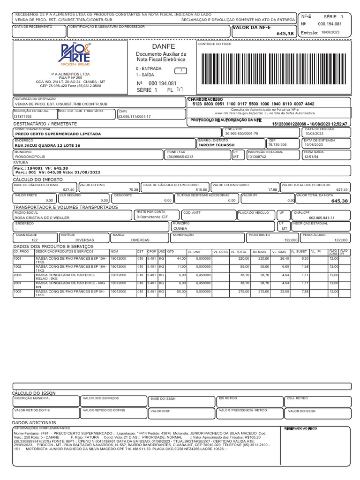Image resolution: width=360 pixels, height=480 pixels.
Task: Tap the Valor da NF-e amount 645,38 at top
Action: tap(285, 34)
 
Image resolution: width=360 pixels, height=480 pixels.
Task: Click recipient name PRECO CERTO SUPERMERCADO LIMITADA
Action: tap(58, 134)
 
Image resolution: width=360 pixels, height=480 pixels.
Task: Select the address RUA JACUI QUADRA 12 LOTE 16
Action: tap(48, 146)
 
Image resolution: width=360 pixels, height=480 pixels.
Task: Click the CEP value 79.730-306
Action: tap(277, 145)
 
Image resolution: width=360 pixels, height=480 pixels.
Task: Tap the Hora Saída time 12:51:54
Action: tap(311, 157)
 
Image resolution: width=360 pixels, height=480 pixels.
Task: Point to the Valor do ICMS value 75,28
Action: tap(134, 189)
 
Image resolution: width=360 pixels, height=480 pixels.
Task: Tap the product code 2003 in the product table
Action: tap(17, 275)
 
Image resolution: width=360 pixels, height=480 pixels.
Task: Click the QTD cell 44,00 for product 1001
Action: tap(181, 258)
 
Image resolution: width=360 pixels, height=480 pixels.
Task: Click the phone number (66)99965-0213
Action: tap(180, 157)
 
